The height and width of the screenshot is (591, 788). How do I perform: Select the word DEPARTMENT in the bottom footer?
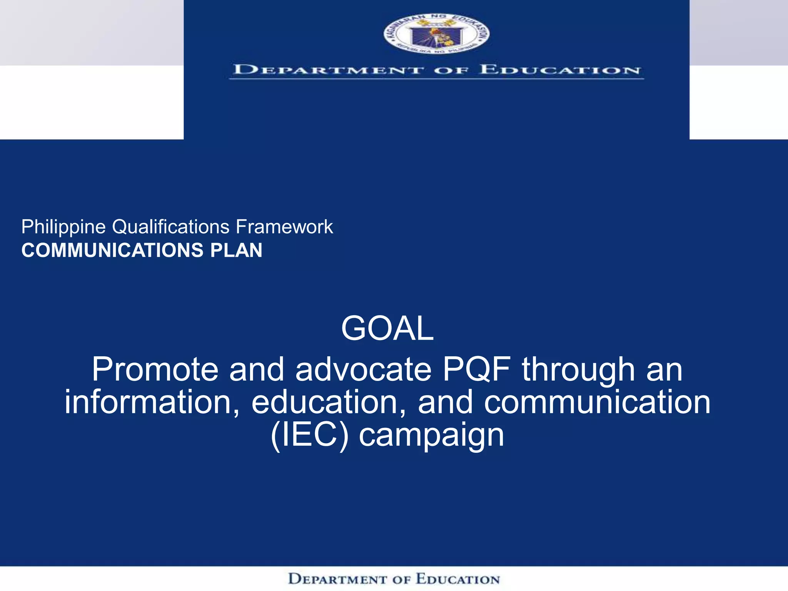pyautogui.click(x=337, y=579)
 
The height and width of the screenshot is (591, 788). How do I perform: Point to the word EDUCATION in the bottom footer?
pyautogui.click(x=458, y=579)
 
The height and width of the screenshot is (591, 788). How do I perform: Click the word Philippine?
pyautogui.click(x=63, y=227)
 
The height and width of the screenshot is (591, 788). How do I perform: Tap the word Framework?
pyautogui.click(x=284, y=227)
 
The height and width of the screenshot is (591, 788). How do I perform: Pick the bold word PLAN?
pyautogui.click(x=236, y=250)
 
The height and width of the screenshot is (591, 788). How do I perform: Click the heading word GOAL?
pyautogui.click(x=387, y=328)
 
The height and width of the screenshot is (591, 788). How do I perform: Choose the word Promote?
pyautogui.click(x=155, y=369)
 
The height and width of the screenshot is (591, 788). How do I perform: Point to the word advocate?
pyautogui.click(x=363, y=369)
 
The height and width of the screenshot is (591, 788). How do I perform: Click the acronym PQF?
pyautogui.click(x=477, y=369)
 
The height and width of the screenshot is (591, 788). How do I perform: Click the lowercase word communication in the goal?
pyautogui.click(x=597, y=402)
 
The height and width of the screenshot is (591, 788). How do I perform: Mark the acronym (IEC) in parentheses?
pyautogui.click(x=310, y=435)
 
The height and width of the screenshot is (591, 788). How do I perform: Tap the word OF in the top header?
pyautogui.click(x=452, y=70)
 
